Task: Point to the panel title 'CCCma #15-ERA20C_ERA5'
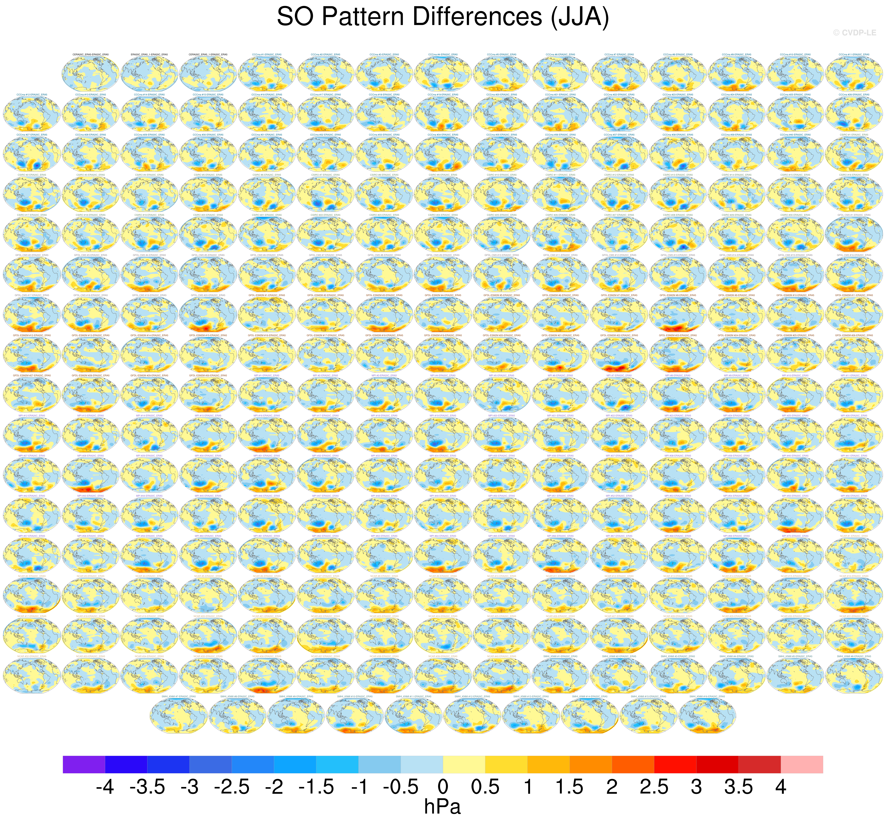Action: click(208, 94)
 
